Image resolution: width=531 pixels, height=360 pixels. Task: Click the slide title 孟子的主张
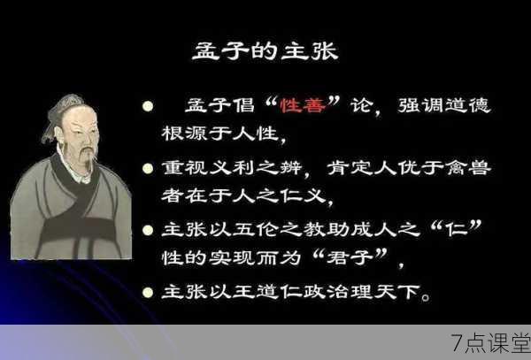265,52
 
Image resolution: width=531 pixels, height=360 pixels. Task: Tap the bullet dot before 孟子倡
148,106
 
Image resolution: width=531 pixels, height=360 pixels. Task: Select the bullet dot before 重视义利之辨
148,168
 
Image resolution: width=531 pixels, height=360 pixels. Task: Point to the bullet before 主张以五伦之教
148,230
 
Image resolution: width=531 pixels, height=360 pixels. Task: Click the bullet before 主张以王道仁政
148,292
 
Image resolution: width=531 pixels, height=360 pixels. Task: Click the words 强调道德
444,105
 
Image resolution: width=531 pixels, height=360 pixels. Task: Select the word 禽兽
468,168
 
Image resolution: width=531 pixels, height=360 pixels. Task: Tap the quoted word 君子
350,257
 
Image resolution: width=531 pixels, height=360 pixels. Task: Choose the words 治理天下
373,292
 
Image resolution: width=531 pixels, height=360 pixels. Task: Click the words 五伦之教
279,229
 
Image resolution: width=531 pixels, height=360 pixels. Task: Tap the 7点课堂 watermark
490,343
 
